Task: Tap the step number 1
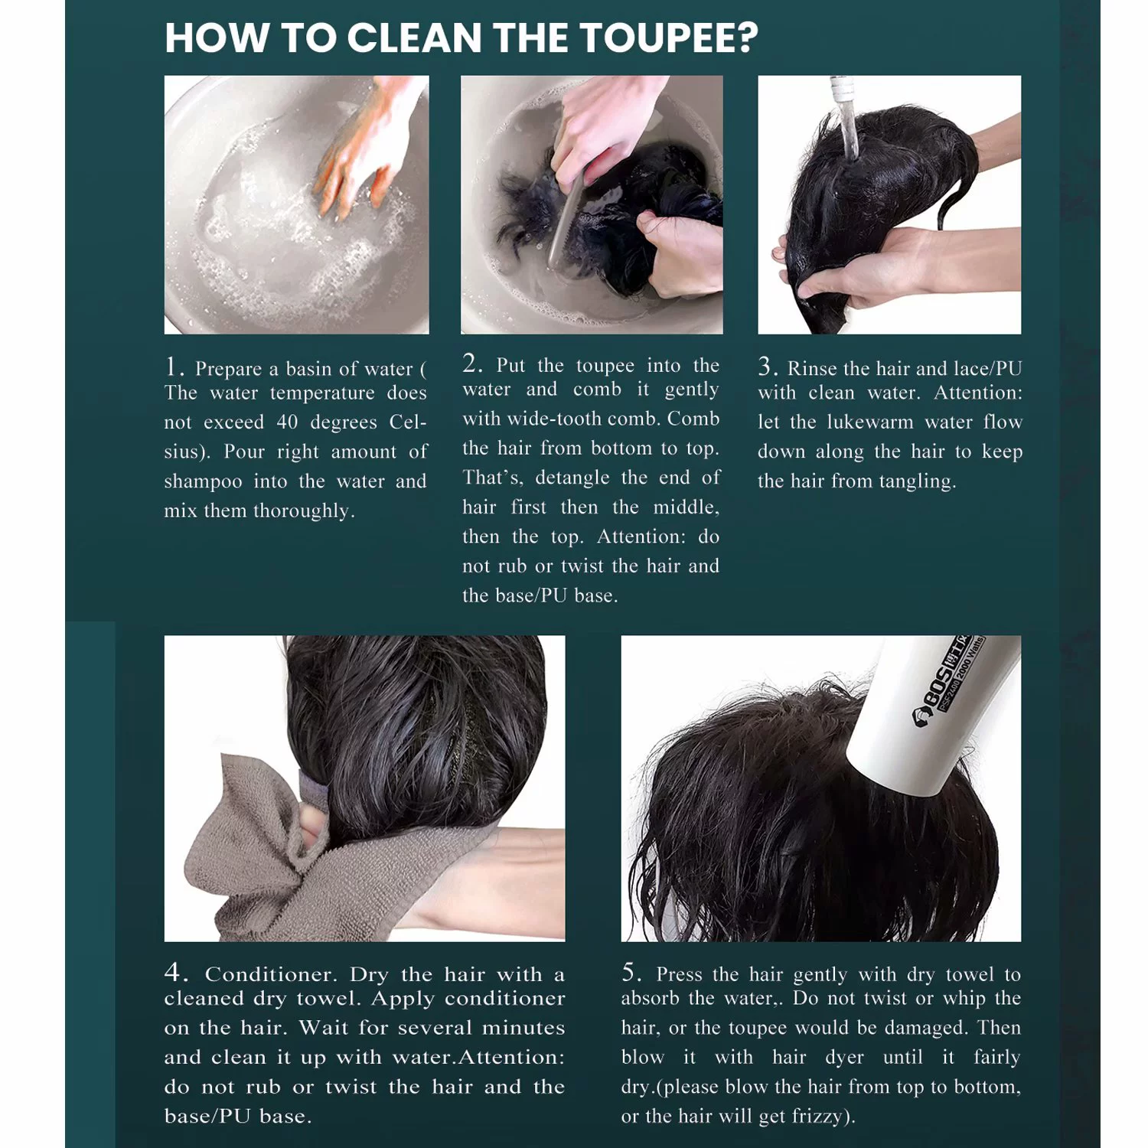pos(173,367)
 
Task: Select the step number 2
pos(472,364)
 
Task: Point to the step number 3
pos(768,367)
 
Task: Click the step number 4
pos(176,972)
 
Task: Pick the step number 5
pos(632,972)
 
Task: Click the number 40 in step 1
pos(287,422)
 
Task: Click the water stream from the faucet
pos(849,130)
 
